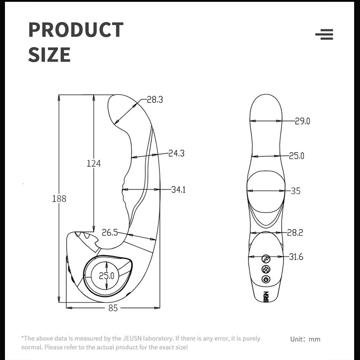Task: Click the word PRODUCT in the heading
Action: tap(76, 30)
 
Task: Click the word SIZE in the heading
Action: tap(49, 54)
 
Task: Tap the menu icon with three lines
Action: tap(324, 35)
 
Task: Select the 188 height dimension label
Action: tap(59, 198)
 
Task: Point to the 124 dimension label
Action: tap(94, 163)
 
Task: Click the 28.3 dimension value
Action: tap(154, 100)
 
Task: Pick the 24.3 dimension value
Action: tap(177, 153)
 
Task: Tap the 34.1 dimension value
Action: tap(178, 190)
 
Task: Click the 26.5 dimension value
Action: tap(110, 233)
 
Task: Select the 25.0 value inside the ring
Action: tap(106, 275)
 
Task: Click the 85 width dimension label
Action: tap(113, 308)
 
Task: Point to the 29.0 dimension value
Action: tap(302, 121)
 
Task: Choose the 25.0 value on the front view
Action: tap(297, 156)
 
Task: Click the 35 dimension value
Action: tap(295, 191)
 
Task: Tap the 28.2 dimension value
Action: tap(295, 233)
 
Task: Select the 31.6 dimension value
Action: tap(296, 257)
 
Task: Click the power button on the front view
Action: tap(265, 279)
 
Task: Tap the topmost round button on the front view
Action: tap(265, 259)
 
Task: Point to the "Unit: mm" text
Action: tap(306, 339)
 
